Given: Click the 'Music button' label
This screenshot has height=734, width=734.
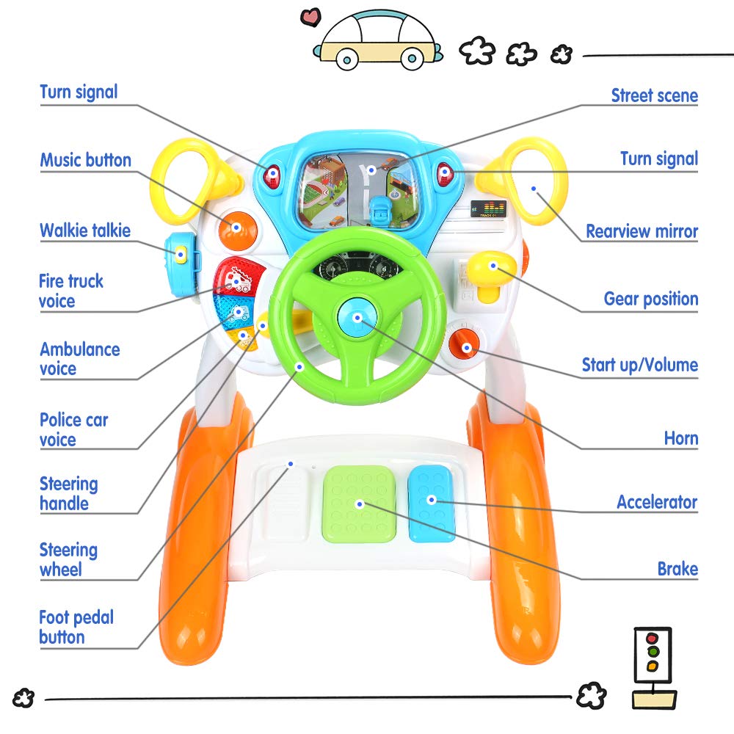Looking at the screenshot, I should tap(85, 160).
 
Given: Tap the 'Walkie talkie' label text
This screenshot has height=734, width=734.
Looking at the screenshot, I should tap(85, 230).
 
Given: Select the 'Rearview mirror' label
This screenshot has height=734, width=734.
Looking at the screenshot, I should tap(642, 231).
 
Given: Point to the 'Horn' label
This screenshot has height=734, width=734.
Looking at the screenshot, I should tap(680, 438).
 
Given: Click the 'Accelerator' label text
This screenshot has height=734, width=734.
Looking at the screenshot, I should tap(657, 502).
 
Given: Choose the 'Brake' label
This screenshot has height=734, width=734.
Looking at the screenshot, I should tap(677, 568).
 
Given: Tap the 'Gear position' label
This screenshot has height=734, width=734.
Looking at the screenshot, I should tap(650, 299).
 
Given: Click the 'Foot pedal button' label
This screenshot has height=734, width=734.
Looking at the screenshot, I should tap(76, 627).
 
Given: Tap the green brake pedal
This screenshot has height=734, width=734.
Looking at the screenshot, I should tap(360, 504).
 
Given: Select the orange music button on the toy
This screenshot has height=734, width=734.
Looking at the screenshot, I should tap(236, 228).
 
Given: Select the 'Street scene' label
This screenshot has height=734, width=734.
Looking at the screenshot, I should tap(654, 95).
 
